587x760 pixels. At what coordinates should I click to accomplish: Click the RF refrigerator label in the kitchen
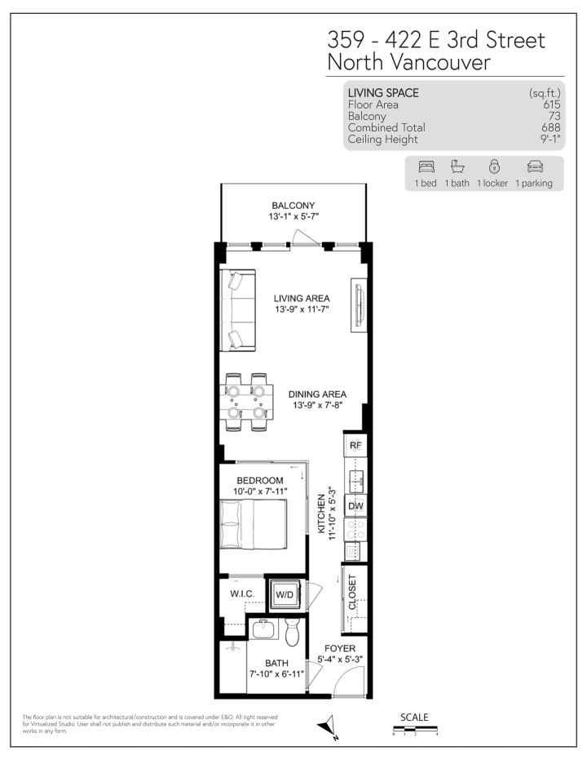tap(355, 447)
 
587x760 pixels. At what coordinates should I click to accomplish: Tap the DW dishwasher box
tap(355, 506)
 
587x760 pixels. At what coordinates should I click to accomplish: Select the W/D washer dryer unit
tap(285, 595)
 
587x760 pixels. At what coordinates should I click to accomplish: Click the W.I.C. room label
tap(242, 593)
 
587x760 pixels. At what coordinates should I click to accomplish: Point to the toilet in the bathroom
tap(293, 632)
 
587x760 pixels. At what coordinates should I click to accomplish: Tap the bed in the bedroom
tap(252, 523)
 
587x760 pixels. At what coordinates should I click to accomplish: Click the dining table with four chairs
tap(246, 400)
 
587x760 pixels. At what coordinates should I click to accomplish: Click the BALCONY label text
tap(293, 206)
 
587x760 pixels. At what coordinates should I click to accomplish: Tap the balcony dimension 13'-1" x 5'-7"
tap(293, 217)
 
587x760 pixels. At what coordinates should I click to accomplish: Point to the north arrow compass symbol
tap(329, 726)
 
